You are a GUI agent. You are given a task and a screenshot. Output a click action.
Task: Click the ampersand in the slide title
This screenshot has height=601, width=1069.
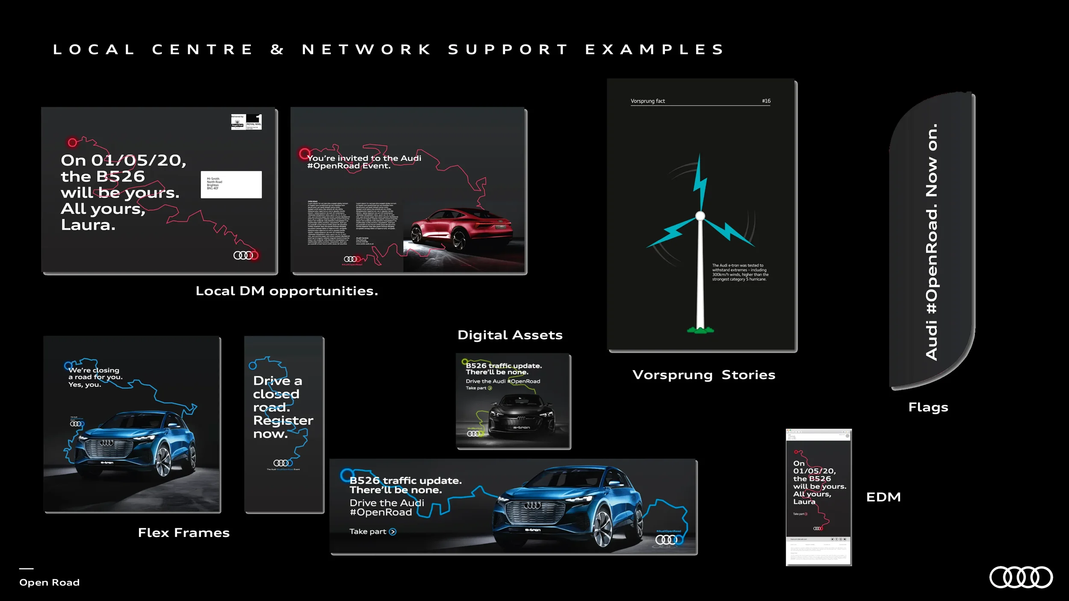[277, 50]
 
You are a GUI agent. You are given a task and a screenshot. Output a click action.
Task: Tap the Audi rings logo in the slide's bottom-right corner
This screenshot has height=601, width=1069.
[1021, 577]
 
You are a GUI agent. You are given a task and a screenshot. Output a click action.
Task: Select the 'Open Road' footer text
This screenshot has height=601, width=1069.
[50, 582]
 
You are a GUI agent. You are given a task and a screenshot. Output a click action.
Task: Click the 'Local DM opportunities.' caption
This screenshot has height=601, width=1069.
[286, 291]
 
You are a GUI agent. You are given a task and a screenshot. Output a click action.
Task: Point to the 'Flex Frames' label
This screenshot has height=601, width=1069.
[184, 533]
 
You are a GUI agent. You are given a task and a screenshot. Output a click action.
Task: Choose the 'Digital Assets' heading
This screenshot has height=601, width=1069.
[510, 335]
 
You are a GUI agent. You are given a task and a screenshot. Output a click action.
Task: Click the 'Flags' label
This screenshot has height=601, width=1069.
[928, 407]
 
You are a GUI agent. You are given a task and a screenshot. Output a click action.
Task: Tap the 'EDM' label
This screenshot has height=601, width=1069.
[883, 497]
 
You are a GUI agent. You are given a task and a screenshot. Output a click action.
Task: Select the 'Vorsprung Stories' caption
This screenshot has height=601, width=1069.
[703, 375]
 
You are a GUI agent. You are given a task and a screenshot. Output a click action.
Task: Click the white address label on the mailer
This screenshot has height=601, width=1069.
[231, 184]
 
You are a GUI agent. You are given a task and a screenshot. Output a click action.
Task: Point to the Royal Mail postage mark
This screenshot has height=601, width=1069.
[246, 122]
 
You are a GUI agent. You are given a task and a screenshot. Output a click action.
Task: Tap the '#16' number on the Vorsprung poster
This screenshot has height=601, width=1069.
[766, 101]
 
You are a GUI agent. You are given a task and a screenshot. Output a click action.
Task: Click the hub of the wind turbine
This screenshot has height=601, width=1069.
[700, 216]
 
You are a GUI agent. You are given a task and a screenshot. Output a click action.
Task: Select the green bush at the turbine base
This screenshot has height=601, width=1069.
[700, 330]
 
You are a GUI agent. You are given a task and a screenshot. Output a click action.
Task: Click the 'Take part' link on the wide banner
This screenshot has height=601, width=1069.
[372, 531]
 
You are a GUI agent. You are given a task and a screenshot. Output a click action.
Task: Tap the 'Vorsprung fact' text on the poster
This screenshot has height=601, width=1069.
[647, 101]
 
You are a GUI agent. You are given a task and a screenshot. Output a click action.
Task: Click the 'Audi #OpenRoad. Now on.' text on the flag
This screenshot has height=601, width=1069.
[931, 242]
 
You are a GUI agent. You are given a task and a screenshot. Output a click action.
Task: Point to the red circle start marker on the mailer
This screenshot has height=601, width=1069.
[72, 142]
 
